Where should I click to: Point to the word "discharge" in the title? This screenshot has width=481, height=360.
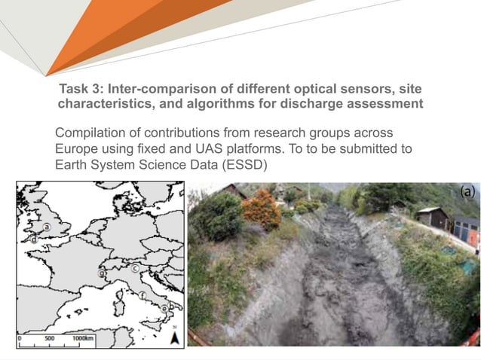pos(331,103)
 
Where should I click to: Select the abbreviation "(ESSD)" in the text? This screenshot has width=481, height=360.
pos(242,164)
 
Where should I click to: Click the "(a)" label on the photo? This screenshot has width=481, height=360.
pos(467,192)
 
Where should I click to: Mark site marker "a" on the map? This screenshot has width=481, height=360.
pos(47,226)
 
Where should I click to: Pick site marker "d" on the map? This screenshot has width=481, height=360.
pos(34,239)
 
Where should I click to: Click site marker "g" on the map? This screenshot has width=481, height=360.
pos(101,275)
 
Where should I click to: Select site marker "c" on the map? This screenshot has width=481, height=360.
pos(135,268)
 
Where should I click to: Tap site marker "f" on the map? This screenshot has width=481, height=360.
pos(142,295)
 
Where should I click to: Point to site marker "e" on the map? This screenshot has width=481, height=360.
pos(165,309)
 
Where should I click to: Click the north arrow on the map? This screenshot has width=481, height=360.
pos(174,337)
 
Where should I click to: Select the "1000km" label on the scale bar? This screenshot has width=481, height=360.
pos(83,339)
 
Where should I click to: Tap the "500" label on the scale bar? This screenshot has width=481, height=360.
pos(49,339)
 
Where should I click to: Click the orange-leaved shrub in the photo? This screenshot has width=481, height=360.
pos(262,209)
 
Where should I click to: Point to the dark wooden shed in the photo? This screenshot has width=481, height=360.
pos(434,220)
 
